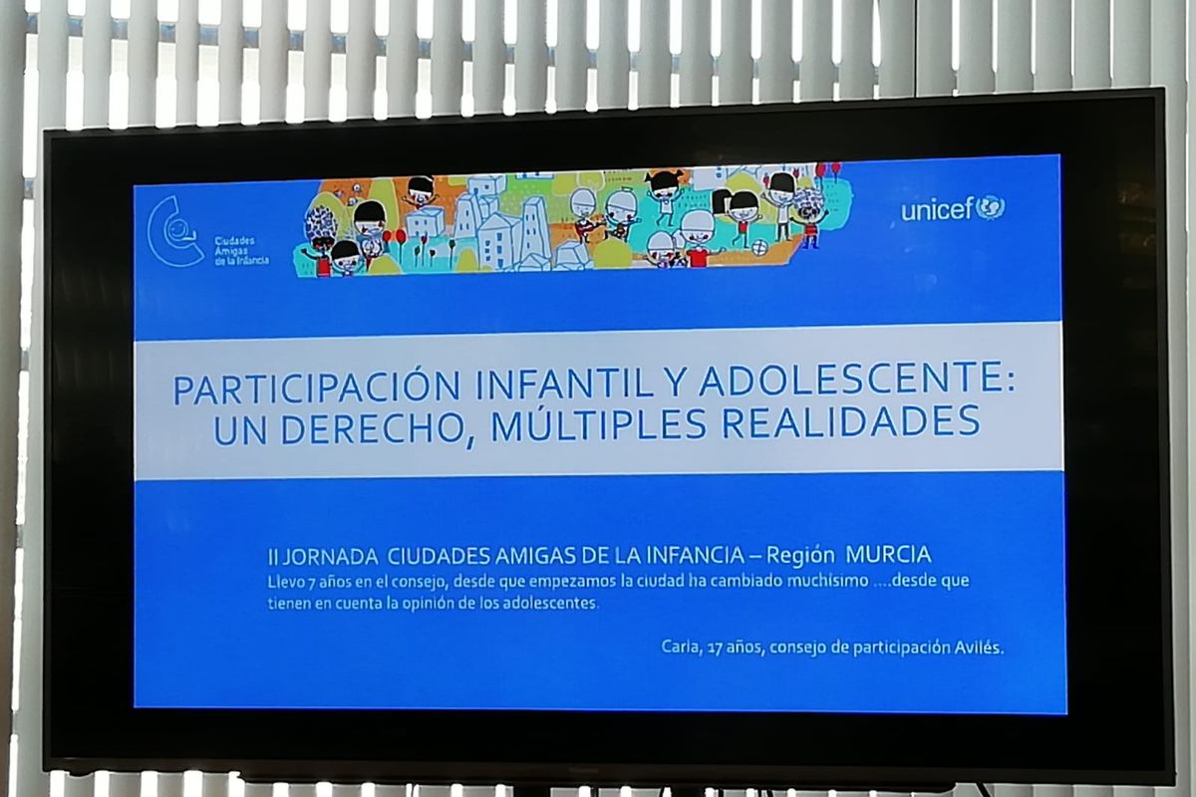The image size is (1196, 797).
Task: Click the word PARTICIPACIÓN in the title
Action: pyautogui.click(x=317, y=389)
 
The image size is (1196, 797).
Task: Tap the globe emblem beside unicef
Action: pyautogui.click(x=991, y=206)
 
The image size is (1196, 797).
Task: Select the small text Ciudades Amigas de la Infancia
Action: pyautogui.click(x=241, y=251)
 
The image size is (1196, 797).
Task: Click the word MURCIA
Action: pyautogui.click(x=888, y=555)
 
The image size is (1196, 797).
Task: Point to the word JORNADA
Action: pyautogui.click(x=330, y=557)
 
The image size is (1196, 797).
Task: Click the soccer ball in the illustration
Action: pyautogui.click(x=759, y=248)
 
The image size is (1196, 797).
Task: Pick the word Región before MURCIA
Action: pyautogui.click(x=799, y=556)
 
